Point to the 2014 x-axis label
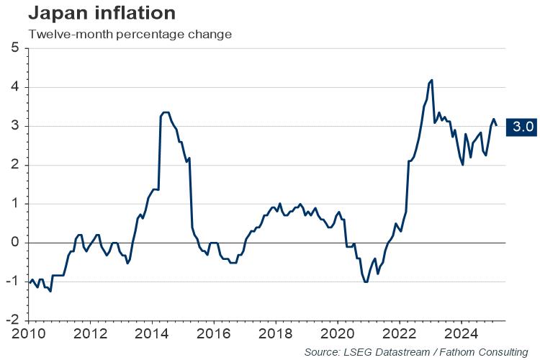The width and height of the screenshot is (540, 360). (153, 333)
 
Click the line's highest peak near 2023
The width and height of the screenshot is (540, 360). (431, 80)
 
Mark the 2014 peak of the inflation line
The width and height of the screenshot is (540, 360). (166, 112)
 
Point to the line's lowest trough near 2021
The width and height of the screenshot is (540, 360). (366, 282)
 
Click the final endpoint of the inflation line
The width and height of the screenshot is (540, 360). (496, 126)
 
